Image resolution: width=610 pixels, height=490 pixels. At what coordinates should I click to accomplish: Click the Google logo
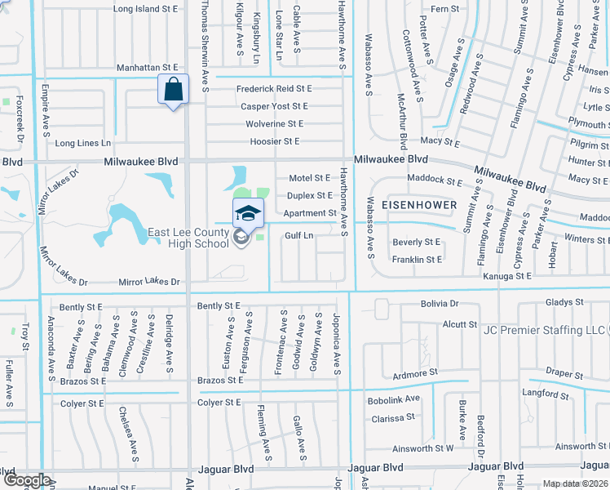(x=26, y=480)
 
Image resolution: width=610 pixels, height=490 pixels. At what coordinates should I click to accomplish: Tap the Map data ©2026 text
(x=575, y=483)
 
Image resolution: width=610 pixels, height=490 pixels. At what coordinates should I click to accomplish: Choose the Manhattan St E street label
(x=147, y=68)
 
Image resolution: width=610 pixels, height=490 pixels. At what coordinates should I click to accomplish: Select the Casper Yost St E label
(x=274, y=106)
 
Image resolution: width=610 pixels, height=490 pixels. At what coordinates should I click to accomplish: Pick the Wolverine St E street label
(x=274, y=124)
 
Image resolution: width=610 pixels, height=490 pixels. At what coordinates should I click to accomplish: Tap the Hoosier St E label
(x=274, y=141)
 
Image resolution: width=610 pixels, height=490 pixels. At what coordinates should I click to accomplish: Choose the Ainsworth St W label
(x=422, y=448)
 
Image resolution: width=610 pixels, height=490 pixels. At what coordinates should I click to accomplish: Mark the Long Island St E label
(x=146, y=9)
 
